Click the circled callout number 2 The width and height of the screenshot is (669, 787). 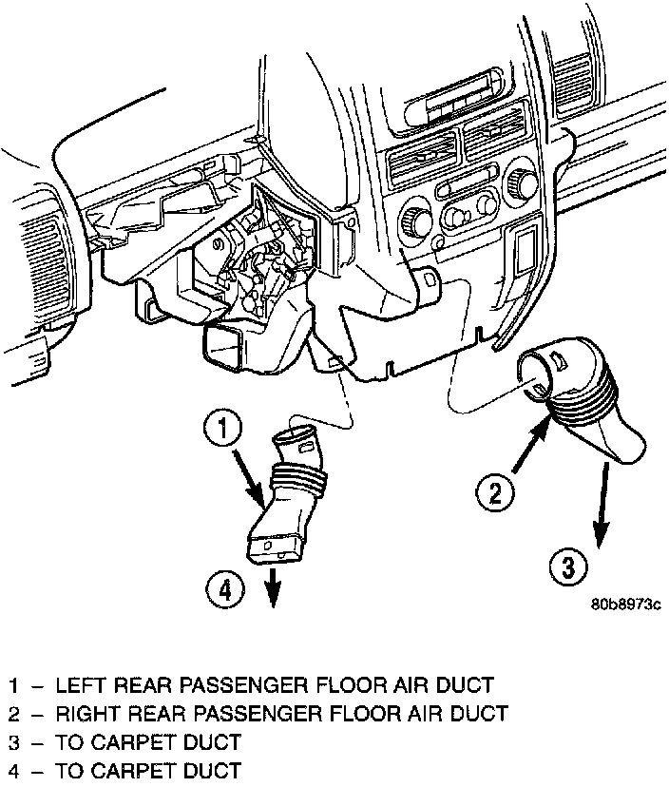point(494,492)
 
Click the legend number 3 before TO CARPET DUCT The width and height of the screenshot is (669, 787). point(14,741)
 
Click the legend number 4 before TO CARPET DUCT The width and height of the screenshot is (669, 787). point(14,770)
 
